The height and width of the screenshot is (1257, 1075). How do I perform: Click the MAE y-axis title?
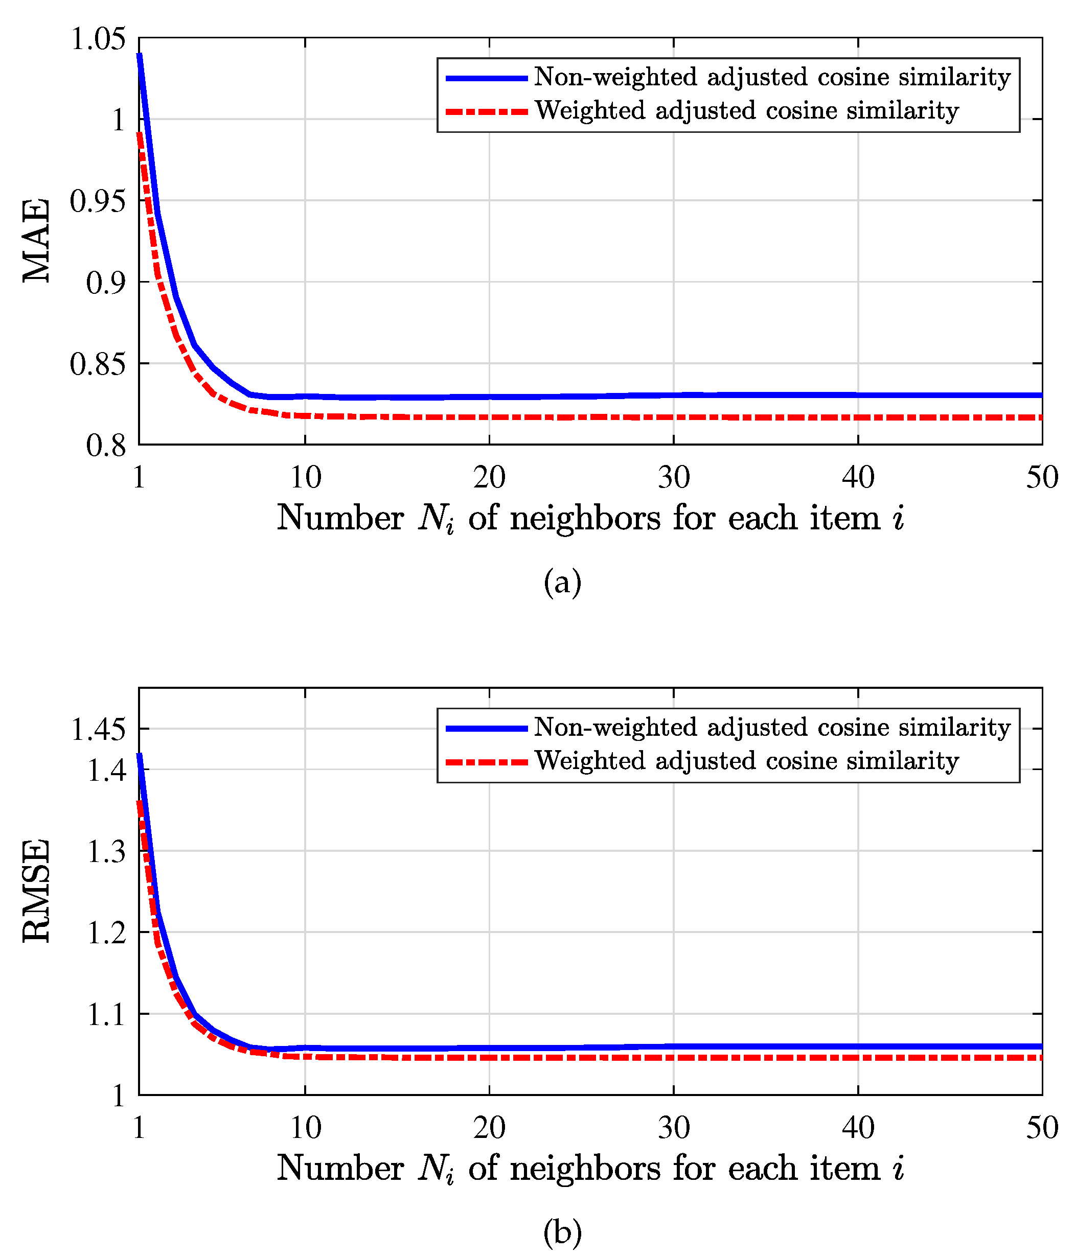36,240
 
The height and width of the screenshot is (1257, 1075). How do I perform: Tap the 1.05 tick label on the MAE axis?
98,39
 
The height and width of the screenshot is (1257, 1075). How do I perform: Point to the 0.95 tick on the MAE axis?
98,201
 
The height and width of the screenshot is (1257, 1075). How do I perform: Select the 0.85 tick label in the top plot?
98,364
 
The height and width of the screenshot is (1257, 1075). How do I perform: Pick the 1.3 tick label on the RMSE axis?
107,851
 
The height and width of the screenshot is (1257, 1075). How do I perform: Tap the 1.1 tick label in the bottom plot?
107,1014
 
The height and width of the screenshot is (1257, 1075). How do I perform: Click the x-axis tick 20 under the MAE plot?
489,477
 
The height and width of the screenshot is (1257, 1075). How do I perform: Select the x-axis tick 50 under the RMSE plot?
1042,1127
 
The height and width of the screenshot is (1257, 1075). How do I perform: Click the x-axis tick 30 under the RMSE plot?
674,1127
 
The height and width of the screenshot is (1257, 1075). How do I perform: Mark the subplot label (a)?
562,583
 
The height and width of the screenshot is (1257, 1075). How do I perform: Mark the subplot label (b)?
562,1232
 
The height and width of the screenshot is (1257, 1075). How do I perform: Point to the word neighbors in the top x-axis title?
585,519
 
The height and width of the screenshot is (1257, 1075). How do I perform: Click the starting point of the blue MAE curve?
140,55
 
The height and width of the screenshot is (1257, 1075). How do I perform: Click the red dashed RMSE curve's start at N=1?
140,802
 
